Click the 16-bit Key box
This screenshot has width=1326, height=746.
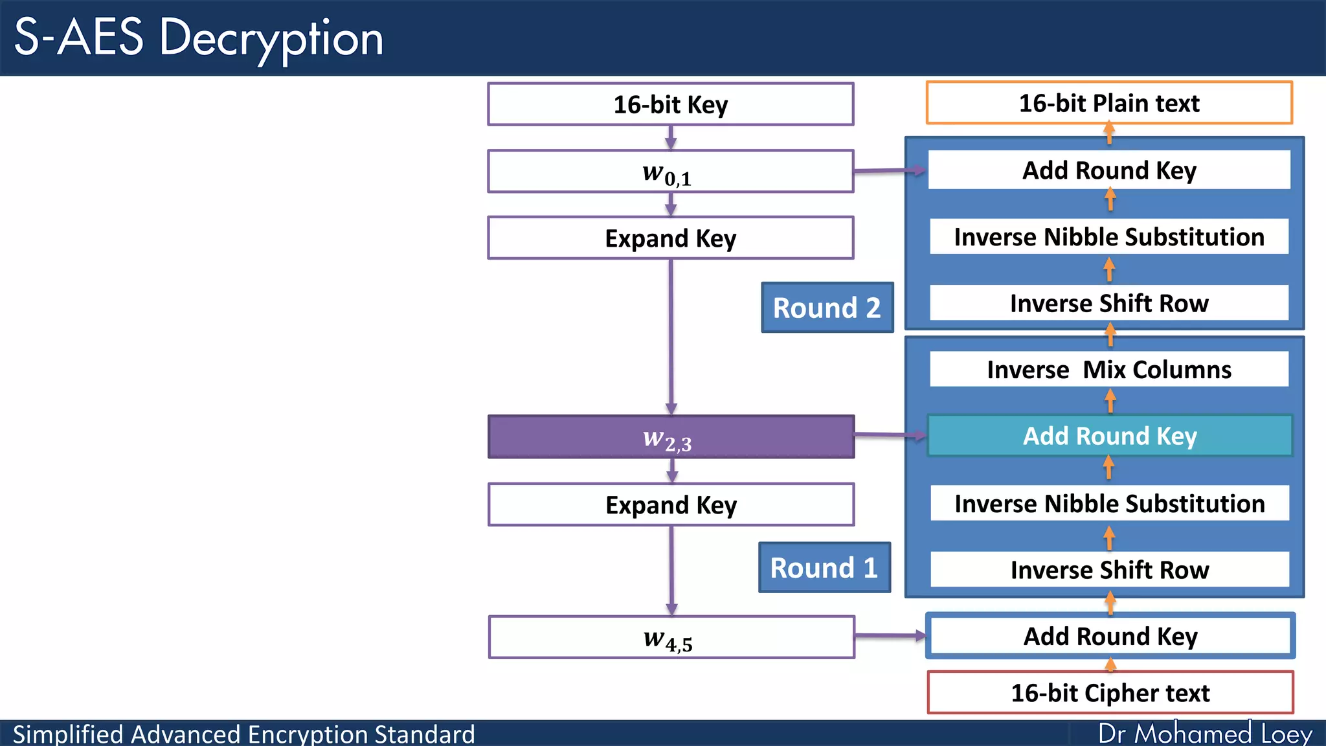click(x=670, y=104)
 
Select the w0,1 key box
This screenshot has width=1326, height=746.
click(x=670, y=172)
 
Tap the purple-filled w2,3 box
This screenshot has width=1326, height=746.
click(x=670, y=437)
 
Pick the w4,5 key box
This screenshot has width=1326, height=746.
click(x=671, y=637)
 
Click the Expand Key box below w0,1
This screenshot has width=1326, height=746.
click(x=670, y=238)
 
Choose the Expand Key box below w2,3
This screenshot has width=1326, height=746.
click(x=671, y=504)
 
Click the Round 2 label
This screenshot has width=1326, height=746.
click(x=827, y=308)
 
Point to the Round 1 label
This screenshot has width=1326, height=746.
click(x=824, y=568)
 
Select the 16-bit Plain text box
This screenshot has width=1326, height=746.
click(x=1109, y=103)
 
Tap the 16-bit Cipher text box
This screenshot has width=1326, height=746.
click(x=1110, y=693)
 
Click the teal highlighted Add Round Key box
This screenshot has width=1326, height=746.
click(x=1110, y=436)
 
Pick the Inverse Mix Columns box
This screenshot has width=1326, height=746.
click(x=1109, y=370)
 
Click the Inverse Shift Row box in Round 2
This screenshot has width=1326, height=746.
click(x=1109, y=303)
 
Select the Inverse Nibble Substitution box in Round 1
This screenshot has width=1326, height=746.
click(x=1109, y=504)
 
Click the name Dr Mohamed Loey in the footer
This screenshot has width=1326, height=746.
click(x=1205, y=734)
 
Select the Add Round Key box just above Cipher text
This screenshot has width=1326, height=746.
click(x=1110, y=636)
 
